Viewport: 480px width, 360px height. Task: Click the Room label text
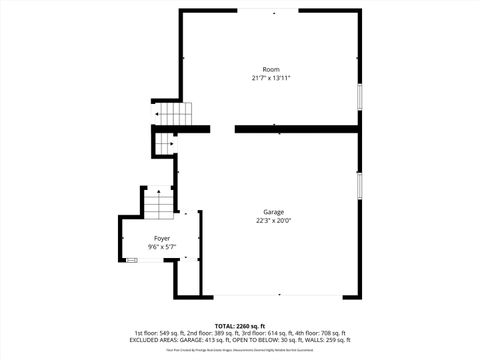pyautogui.click(x=271, y=69)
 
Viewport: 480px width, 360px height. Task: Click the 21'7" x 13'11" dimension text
pyautogui.click(x=271, y=78)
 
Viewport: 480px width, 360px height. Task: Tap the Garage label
pyautogui.click(x=274, y=212)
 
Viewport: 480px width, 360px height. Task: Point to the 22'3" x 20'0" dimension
pyautogui.click(x=274, y=221)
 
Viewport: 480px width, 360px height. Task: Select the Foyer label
pyautogui.click(x=162, y=238)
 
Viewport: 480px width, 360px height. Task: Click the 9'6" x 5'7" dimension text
pyautogui.click(x=162, y=247)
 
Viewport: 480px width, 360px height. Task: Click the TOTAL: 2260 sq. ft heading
pyautogui.click(x=239, y=326)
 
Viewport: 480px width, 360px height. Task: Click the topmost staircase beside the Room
pyautogui.click(x=172, y=114)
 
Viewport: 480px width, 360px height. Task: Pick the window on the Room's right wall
pyautogui.click(x=360, y=96)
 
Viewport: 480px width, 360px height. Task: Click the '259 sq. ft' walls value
pyautogui.click(x=337, y=340)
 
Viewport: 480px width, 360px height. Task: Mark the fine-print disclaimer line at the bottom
pyautogui.click(x=239, y=350)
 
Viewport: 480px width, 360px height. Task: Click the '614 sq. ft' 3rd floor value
pyautogui.click(x=274, y=333)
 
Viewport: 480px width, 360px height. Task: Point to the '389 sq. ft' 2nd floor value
pyautogui.click(x=223, y=333)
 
